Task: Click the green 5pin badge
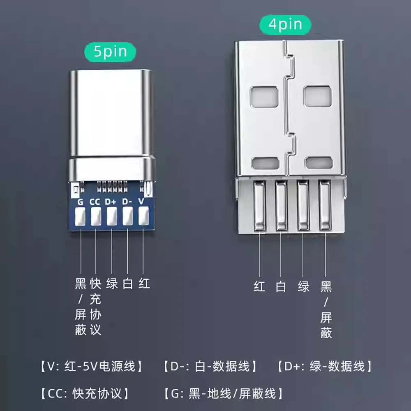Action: coord(110,52)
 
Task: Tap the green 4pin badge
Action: coord(285,25)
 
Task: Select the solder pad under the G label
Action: coord(80,217)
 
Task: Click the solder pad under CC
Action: coord(96,216)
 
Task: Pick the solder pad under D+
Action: coord(112,216)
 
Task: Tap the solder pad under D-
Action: coord(128,216)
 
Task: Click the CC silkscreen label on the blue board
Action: coord(95,202)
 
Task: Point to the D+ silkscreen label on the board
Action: coord(110,201)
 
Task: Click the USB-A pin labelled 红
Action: coord(260,206)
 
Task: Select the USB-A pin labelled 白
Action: coord(282,206)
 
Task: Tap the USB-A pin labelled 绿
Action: coord(303,206)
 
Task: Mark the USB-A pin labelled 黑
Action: coord(325,206)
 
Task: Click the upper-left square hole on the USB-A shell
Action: coord(264,97)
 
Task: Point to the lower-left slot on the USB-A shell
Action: coord(265,163)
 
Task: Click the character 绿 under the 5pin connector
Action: coord(112,284)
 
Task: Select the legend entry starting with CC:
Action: coord(85,393)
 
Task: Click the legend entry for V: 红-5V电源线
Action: coord(92,366)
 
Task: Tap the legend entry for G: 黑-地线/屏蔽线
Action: coord(224,393)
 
